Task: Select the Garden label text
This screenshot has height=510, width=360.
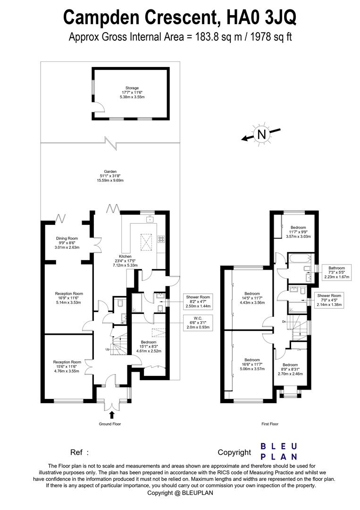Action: pos(110,176)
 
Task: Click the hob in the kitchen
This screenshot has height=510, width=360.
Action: pos(160,239)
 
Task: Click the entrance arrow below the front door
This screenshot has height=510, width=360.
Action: pos(112,415)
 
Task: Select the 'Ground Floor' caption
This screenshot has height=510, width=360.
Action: pos(110,424)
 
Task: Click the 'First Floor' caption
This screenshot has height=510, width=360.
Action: pos(270,424)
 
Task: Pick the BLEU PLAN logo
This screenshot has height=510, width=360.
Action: pos(279,451)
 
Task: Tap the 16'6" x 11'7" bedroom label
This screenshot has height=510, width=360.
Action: pos(252,366)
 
